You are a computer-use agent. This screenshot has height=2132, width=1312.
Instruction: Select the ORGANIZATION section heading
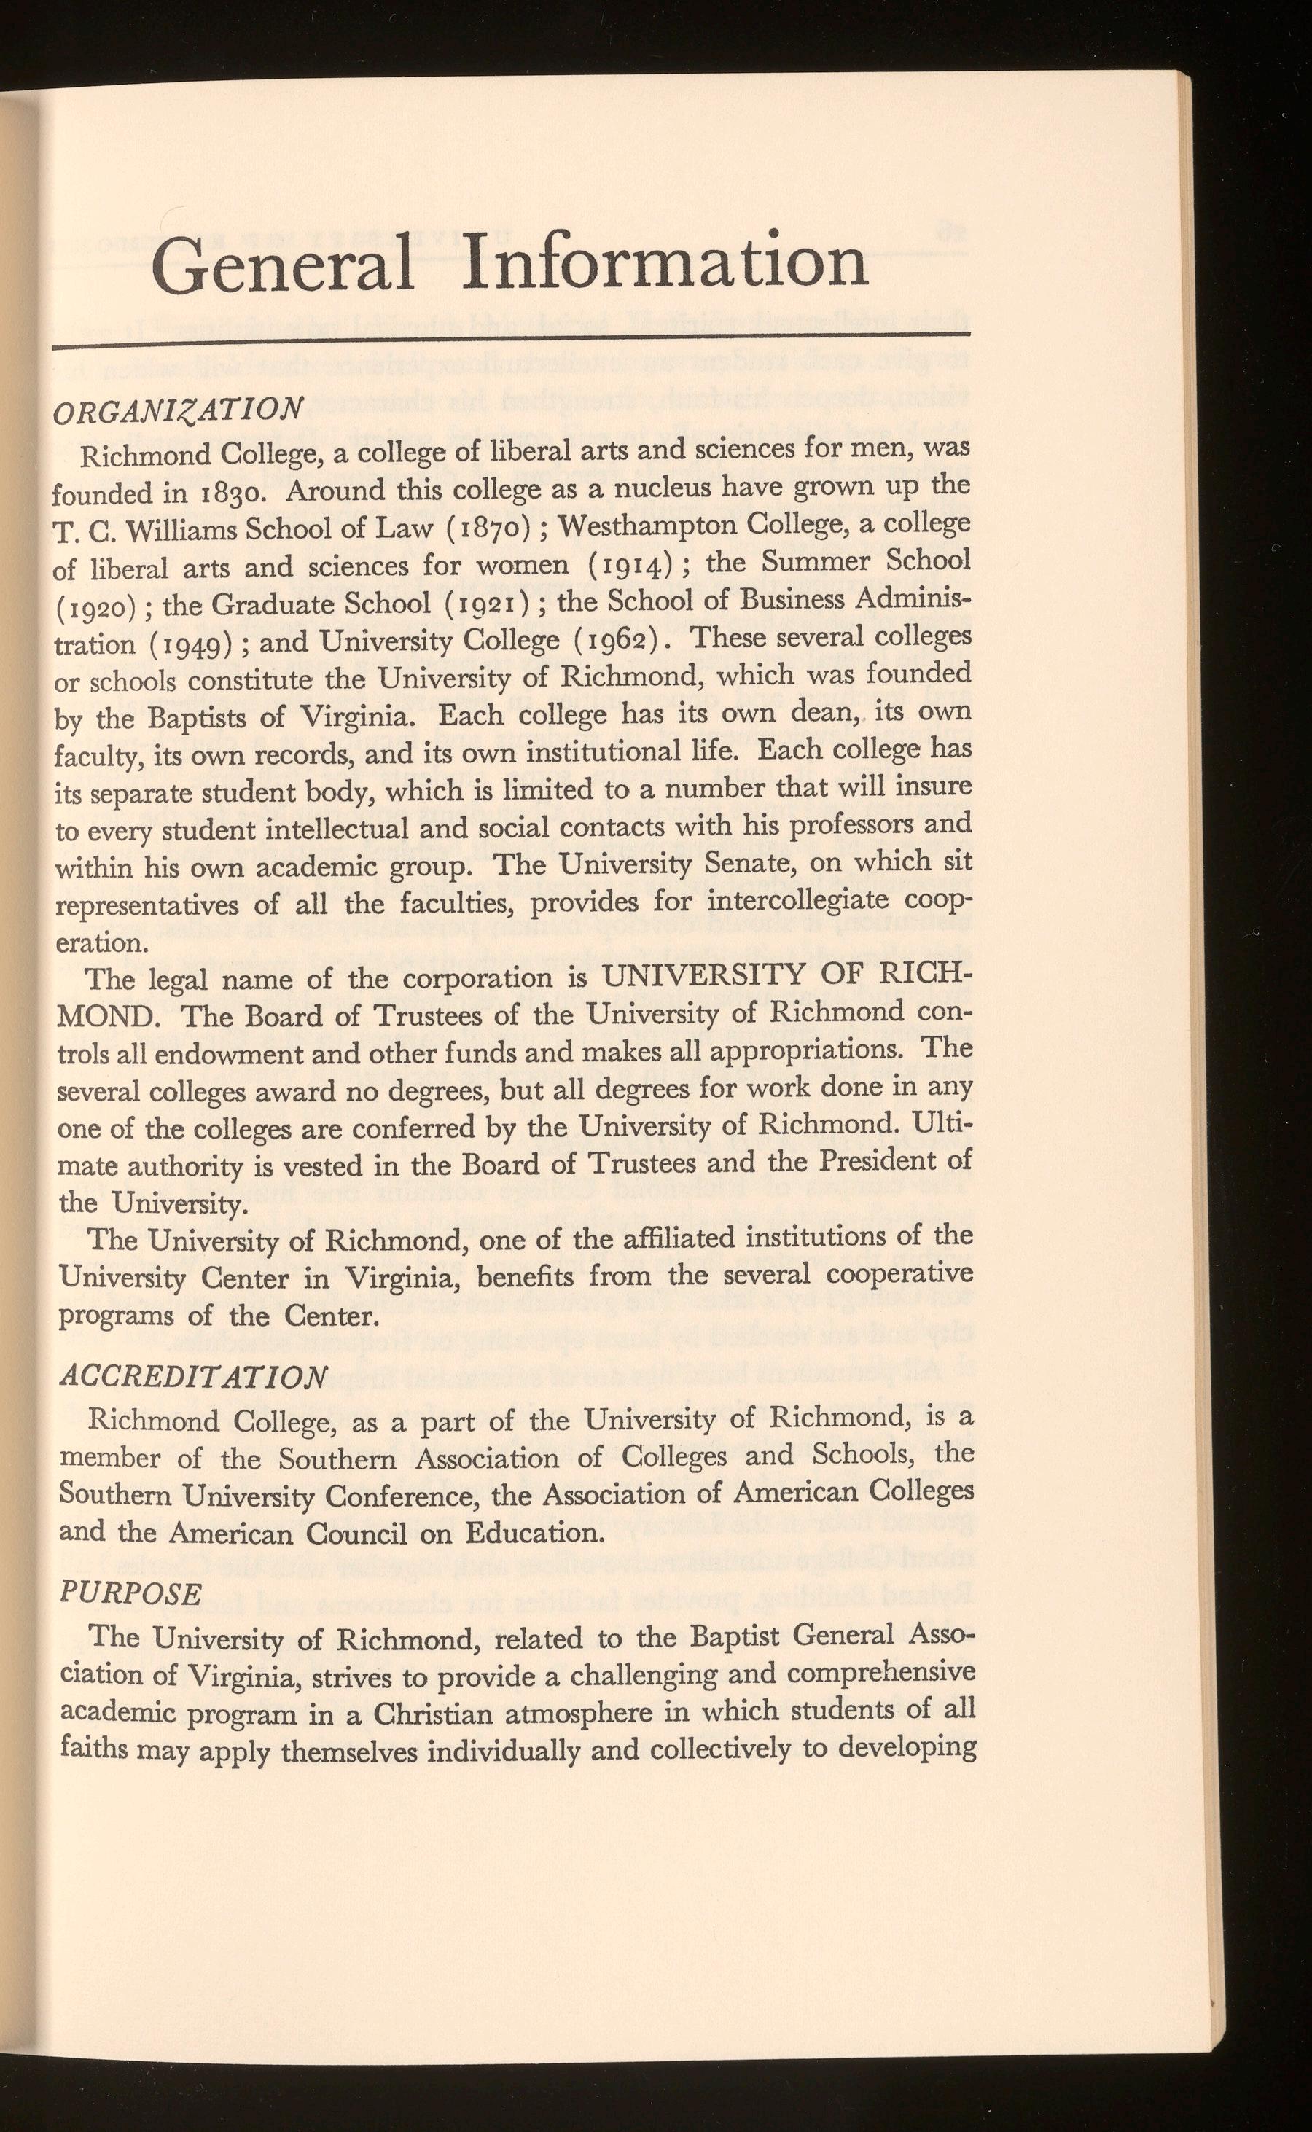coord(178,411)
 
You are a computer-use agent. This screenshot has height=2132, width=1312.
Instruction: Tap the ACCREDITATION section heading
coord(192,1377)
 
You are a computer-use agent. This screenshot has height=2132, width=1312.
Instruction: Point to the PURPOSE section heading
coord(130,1593)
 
